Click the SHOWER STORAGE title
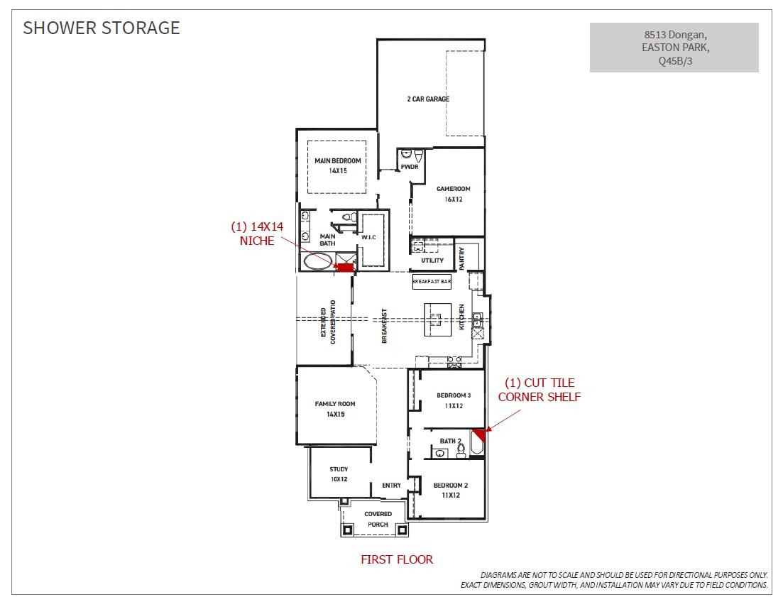(102, 28)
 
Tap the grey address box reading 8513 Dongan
(674, 48)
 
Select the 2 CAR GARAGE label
(428, 99)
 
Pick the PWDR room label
(410, 168)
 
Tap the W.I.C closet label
(368, 237)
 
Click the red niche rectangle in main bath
(344, 267)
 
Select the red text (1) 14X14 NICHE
(256, 234)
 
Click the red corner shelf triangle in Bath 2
(479, 434)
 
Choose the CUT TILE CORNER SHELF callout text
(539, 390)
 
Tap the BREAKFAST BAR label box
(432, 282)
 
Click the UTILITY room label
(432, 261)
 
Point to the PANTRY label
(462, 258)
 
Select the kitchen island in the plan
(437, 320)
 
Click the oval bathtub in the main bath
(317, 262)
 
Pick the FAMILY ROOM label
(335, 409)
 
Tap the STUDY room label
(339, 474)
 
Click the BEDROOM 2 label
(451, 490)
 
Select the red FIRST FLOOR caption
(397, 559)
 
